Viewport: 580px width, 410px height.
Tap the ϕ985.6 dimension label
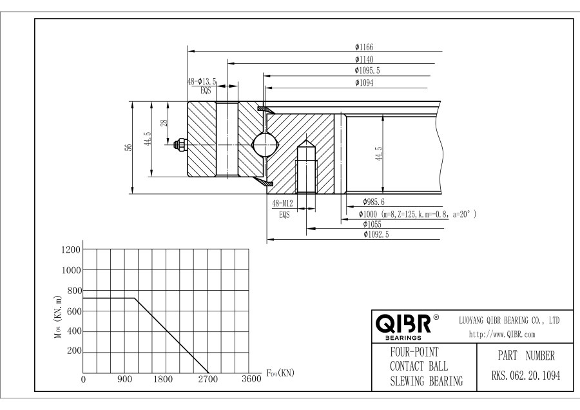coord(374,202)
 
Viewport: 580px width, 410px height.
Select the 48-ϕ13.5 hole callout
coord(202,82)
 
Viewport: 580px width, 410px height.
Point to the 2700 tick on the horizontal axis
coord(208,379)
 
